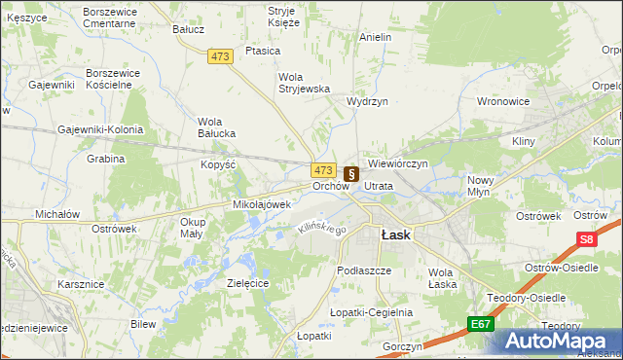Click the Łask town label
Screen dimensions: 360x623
click(395, 234)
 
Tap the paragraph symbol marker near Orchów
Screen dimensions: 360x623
click(351, 173)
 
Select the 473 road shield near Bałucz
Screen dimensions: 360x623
click(220, 57)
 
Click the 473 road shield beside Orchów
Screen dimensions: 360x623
click(324, 169)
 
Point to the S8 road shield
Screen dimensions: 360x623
click(586, 239)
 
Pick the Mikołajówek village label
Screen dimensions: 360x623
click(262, 205)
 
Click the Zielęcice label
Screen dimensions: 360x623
click(247, 282)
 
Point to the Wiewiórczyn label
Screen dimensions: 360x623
click(398, 164)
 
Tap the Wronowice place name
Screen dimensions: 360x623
click(502, 101)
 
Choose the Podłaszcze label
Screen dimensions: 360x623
click(363, 270)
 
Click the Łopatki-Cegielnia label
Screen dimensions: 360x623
click(371, 312)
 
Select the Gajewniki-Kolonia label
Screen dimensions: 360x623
click(100, 129)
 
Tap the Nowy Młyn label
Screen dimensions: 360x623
click(482, 185)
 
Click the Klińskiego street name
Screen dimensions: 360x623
click(321, 228)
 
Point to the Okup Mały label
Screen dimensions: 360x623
click(192, 227)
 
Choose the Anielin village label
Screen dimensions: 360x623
click(375, 37)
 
